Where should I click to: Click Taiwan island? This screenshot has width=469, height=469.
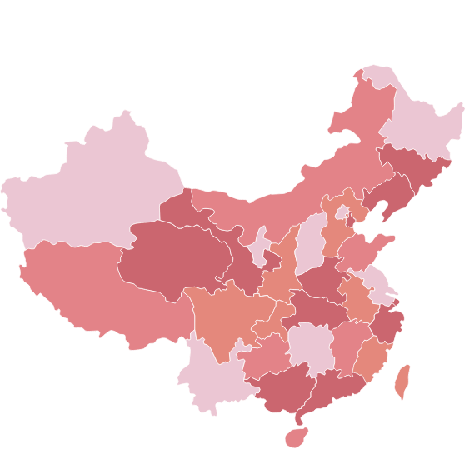coord(402,380)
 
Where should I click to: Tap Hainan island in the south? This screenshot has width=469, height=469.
coord(296,436)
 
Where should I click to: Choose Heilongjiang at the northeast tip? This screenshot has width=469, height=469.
coord(421,125)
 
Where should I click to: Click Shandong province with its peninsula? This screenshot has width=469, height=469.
coord(367,250)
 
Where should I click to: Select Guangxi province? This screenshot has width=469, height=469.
coord(279,387)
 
